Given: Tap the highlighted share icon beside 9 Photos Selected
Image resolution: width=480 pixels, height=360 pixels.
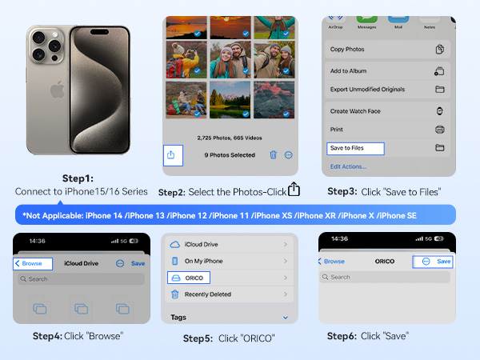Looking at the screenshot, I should click(x=171, y=154).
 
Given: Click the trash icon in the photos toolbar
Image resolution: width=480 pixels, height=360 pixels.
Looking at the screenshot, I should click(x=273, y=155).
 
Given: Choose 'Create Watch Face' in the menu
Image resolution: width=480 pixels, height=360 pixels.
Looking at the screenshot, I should click(x=356, y=110).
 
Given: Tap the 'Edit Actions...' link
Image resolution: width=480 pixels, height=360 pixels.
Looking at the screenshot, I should click(x=348, y=166).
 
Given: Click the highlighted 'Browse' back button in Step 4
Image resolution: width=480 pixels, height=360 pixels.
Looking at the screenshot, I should click(x=33, y=262).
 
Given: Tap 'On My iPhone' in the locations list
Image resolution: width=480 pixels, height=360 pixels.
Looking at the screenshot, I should click(x=203, y=260).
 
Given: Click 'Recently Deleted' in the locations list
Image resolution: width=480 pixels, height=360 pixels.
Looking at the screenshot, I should click(x=208, y=294).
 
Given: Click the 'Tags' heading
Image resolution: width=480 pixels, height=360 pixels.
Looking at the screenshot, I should click(x=179, y=318).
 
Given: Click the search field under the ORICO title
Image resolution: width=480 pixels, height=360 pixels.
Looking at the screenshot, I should click(x=386, y=277).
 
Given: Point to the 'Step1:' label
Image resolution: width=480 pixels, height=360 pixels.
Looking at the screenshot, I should click(x=79, y=178).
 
